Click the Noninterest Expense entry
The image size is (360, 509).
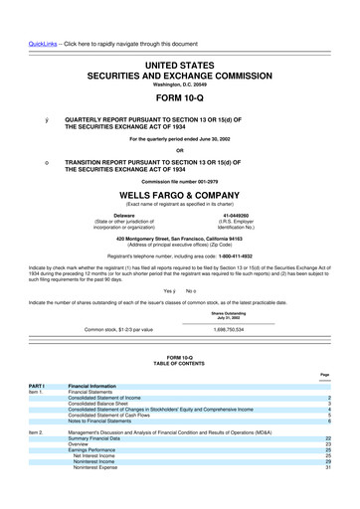click(x=117, y=496)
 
